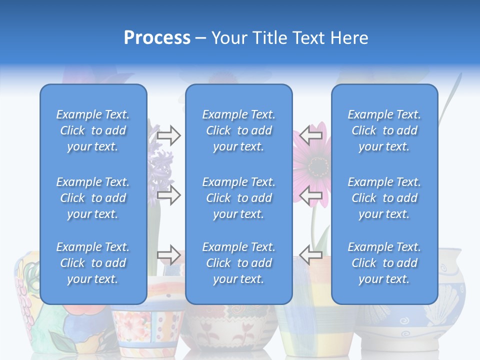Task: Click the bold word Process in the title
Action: (157, 38)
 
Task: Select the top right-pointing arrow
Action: (168, 135)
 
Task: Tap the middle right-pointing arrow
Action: (168, 195)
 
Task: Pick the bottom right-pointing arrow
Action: (168, 255)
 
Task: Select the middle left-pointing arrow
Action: (311, 194)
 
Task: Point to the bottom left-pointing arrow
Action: (311, 254)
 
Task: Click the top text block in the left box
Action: (93, 130)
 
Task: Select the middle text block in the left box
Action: (93, 198)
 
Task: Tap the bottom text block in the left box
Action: (93, 263)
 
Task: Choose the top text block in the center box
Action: (239, 130)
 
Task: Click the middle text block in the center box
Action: (239, 198)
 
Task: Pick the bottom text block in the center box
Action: (239, 263)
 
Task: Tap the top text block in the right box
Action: (384, 130)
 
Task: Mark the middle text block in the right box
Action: (384, 198)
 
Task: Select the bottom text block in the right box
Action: (384, 263)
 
